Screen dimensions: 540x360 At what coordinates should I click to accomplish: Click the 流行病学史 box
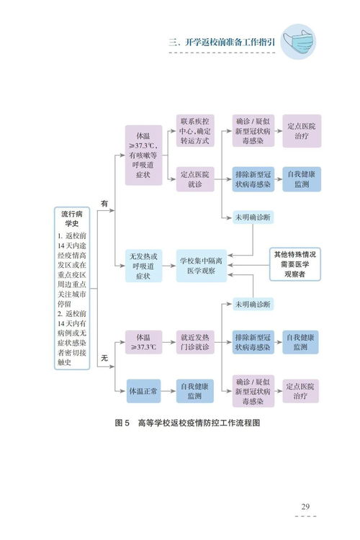(x=71, y=288)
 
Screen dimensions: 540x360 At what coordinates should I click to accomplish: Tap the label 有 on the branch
(x=104, y=204)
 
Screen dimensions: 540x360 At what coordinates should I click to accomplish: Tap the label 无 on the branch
(x=104, y=358)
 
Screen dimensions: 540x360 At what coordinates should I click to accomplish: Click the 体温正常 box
(x=143, y=391)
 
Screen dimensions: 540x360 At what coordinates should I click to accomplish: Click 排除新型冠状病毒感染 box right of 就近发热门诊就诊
(x=252, y=342)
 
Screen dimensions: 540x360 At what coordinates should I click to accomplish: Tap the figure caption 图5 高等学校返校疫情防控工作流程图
(x=187, y=423)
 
